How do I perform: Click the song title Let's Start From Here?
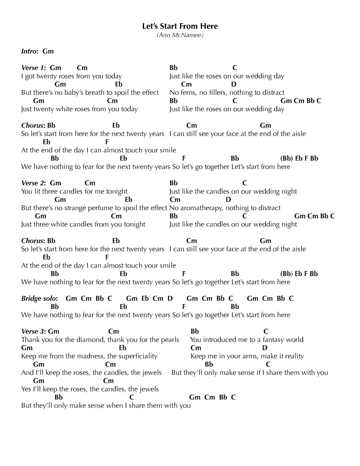180,26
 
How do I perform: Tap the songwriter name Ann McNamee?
180,35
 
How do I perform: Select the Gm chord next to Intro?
48,51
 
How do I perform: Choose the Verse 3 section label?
33,331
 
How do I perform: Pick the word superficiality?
138,356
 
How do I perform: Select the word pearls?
170,340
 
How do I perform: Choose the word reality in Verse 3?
293,356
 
